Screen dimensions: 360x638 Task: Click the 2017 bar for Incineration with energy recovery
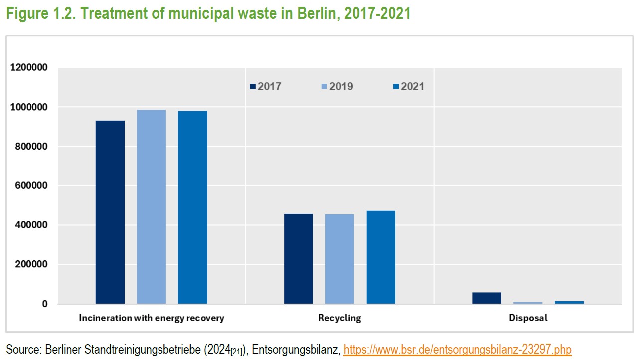point(110,212)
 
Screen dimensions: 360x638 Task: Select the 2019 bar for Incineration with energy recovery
point(152,206)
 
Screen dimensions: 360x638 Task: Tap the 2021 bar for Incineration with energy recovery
point(192,207)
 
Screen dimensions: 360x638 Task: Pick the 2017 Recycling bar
point(299,259)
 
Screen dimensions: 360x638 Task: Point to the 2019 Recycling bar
point(340,259)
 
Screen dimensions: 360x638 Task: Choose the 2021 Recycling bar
point(381,257)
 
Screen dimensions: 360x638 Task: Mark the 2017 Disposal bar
point(486,298)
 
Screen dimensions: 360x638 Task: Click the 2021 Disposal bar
point(569,302)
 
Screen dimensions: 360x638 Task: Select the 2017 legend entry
point(266,87)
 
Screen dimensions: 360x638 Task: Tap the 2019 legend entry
point(337,87)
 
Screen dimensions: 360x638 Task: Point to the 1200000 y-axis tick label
point(29,68)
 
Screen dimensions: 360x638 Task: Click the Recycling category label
point(339,318)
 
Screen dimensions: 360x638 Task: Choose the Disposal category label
point(528,318)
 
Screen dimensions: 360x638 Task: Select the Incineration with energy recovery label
point(152,318)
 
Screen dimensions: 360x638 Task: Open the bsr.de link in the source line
point(458,349)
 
